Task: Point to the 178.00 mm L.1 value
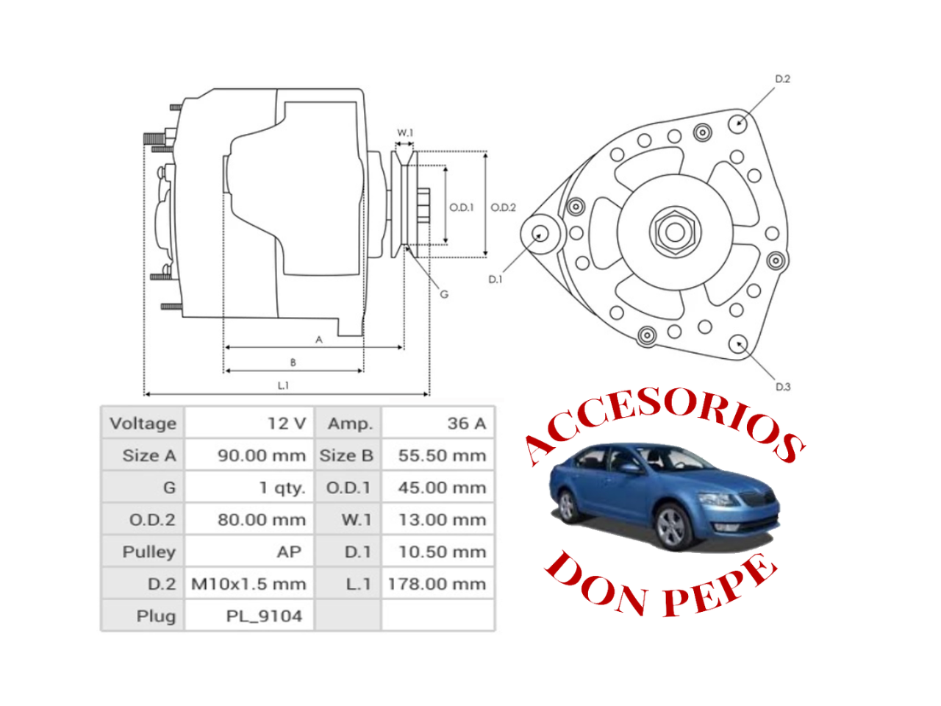[x=437, y=585]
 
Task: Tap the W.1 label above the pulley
[x=405, y=133]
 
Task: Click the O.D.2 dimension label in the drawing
[x=504, y=207]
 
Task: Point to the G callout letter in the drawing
[x=444, y=294]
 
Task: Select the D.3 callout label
[x=783, y=387]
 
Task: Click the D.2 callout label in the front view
[x=782, y=79]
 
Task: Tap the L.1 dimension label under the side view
[x=283, y=385]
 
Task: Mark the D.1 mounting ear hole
[x=540, y=234]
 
